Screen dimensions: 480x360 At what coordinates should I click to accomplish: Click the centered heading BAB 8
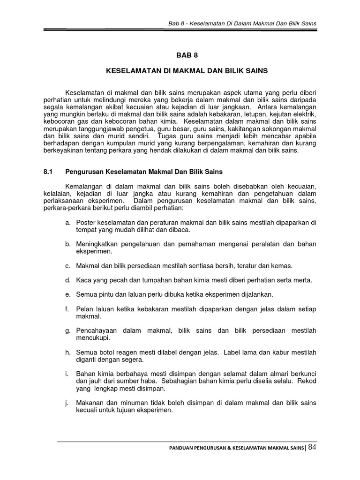tap(187, 55)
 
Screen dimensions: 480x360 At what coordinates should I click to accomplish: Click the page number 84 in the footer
tap(312, 448)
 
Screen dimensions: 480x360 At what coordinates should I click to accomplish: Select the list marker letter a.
tap(68, 222)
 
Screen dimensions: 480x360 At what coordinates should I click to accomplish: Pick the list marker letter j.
tap(67, 403)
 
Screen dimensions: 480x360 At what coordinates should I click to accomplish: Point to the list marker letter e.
tap(68, 294)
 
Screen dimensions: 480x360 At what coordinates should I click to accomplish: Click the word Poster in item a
tap(86, 222)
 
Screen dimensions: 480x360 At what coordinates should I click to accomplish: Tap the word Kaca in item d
tap(83, 280)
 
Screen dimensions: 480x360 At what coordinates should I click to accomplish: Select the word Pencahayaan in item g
tap(96, 330)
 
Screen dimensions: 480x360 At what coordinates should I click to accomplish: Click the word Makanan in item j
tap(90, 403)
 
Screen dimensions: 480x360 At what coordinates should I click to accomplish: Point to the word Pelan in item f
tap(84, 309)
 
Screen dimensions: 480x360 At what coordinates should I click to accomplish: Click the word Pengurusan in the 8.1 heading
tap(84, 172)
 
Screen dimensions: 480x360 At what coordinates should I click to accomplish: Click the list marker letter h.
tap(68, 352)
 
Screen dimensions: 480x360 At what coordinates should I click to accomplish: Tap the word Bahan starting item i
tap(86, 374)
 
